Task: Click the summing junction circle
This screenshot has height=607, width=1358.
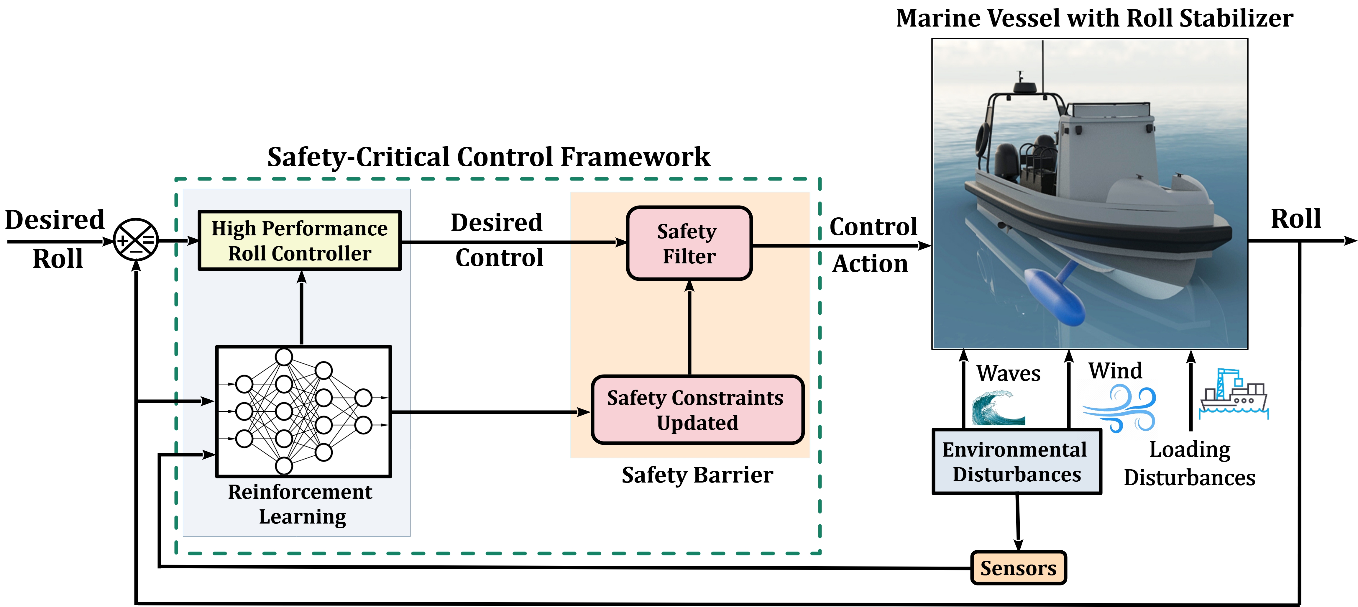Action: click(x=136, y=240)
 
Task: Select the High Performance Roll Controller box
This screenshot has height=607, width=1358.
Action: click(x=299, y=240)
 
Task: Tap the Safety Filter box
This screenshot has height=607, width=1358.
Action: click(x=689, y=243)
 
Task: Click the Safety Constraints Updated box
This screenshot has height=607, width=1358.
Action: click(x=697, y=410)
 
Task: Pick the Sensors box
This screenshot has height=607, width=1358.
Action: click(x=1018, y=568)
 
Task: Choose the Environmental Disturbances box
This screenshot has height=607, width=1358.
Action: click(x=1017, y=462)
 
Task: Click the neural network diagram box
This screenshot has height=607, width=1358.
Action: click(x=304, y=411)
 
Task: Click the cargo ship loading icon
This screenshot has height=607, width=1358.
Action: click(x=1234, y=396)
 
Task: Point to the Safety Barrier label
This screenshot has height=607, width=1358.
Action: click(x=697, y=475)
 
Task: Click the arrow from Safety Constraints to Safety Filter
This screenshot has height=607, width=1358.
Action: click(x=689, y=327)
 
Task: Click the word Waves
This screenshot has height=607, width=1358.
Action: click(x=1008, y=373)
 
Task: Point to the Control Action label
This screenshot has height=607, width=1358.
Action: click(x=873, y=245)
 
